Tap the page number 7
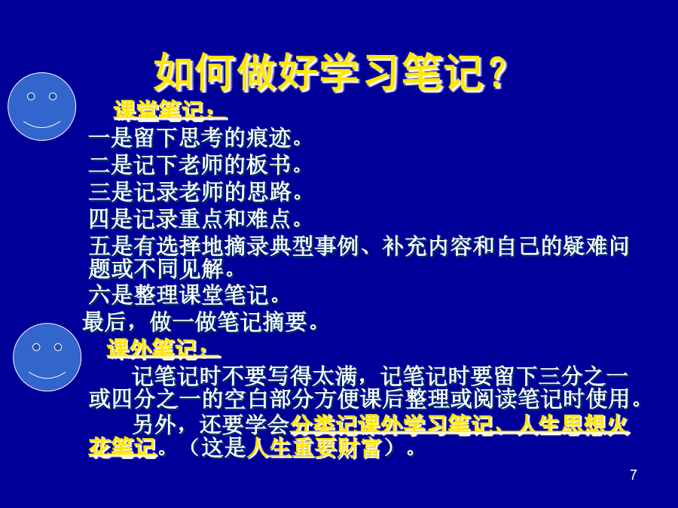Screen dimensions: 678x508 [634, 475]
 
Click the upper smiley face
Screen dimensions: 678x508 [42, 106]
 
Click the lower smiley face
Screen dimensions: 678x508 [47, 357]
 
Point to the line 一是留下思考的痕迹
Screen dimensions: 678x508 [195, 138]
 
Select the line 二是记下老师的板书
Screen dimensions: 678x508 [195, 165]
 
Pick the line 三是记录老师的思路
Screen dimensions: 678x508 [195, 192]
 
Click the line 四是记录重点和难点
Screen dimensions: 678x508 [195, 219]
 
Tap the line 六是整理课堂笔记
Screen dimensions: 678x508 [184, 295]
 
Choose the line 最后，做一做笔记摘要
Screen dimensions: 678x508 [200, 322]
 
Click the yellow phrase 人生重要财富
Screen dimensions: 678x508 [314, 448]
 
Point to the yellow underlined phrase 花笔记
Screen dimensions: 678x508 [122, 448]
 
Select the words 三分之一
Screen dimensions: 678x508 [584, 376]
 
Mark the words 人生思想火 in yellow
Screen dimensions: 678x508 [573, 424]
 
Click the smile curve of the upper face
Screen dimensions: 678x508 [42, 124]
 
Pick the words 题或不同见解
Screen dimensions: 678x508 [162, 269]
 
